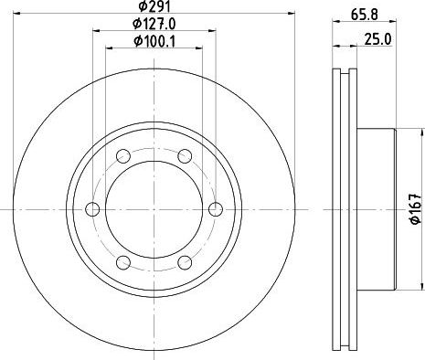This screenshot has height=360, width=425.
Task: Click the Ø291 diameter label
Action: (154, 5)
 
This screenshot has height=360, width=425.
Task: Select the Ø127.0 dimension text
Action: (154, 24)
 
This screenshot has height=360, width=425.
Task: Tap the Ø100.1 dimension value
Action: (154, 41)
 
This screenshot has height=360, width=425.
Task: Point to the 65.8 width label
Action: (365, 15)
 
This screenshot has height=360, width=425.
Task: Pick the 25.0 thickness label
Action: (377, 39)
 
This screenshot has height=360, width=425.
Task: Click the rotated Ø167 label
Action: (416, 209)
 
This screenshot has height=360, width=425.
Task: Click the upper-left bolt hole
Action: (123, 156)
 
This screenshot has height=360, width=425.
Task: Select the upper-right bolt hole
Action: (185, 156)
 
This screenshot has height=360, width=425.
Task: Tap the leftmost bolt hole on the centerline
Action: (92, 209)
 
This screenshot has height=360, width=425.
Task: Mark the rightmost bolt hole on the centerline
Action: (216, 209)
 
